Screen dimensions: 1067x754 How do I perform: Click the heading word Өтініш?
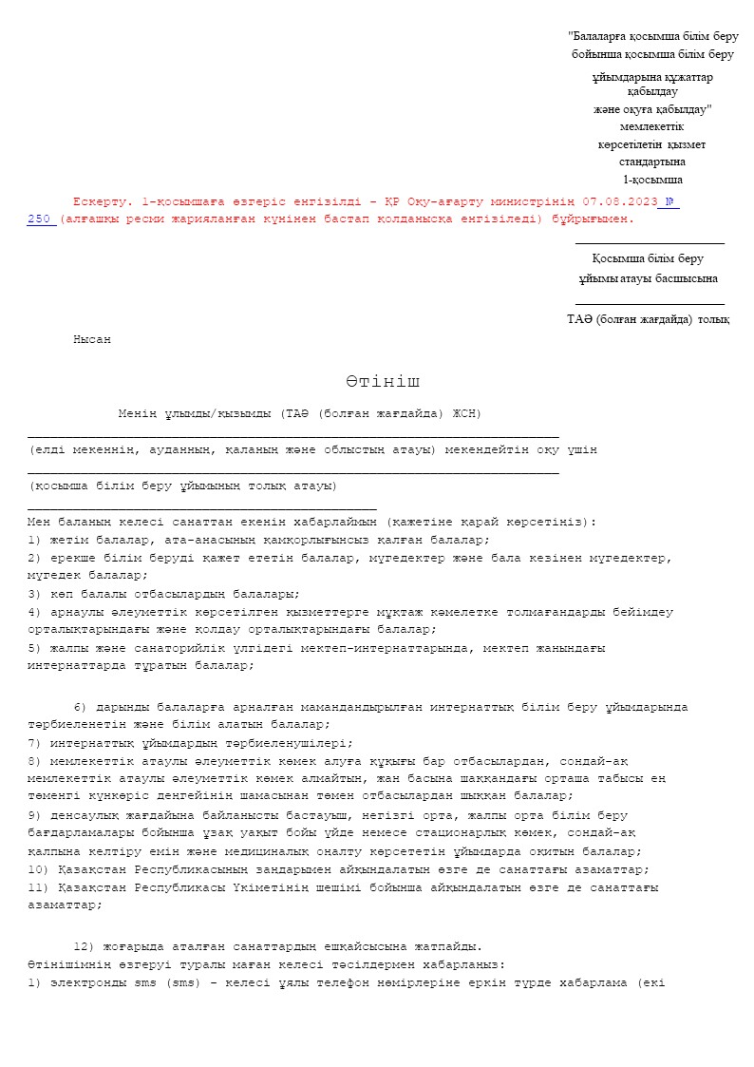pos(383,382)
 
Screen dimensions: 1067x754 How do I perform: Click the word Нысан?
pos(92,339)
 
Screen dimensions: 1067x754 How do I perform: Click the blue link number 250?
pos(41,219)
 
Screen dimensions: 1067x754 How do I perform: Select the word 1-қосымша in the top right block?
pos(652,180)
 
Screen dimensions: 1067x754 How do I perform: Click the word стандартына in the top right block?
pos(652,162)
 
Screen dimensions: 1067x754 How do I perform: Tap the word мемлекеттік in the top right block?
pos(652,126)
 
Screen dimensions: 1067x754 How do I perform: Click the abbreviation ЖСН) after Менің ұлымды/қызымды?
pos(467,413)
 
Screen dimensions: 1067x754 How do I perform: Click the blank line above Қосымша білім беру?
pos(650,243)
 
